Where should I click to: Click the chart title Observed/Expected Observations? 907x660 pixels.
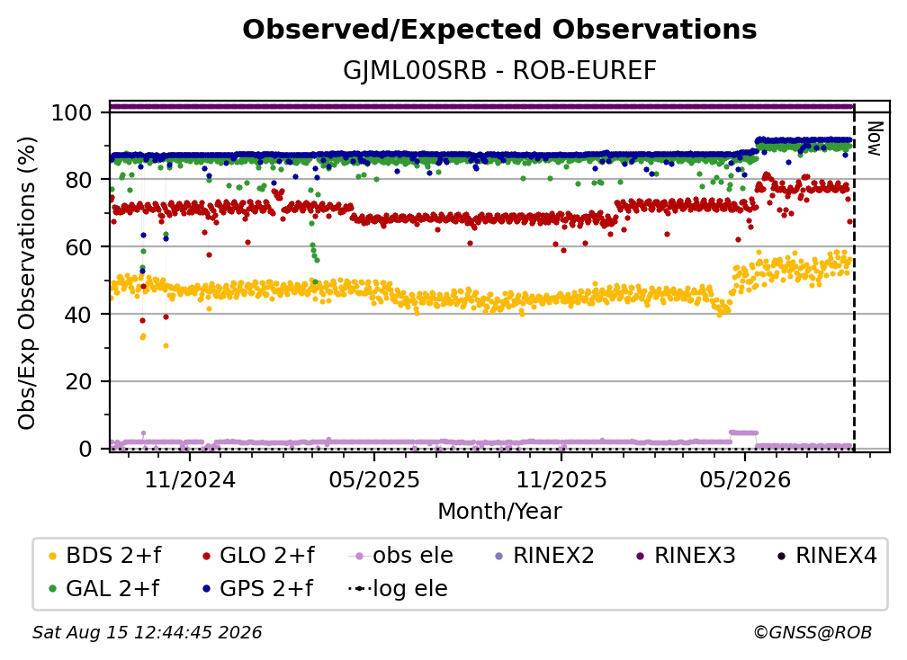tap(499, 30)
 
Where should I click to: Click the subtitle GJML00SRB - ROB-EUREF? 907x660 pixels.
tap(499, 71)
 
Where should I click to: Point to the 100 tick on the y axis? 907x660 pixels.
tap(72, 112)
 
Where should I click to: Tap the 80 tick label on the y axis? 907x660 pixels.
tap(78, 180)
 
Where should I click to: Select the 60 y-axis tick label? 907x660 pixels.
tap(78, 247)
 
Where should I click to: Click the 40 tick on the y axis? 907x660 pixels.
tap(78, 315)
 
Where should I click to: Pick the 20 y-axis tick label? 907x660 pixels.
tap(78, 381)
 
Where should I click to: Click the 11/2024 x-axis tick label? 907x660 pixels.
tap(190, 479)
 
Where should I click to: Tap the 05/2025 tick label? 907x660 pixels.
tap(374, 479)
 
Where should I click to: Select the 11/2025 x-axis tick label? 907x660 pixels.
tap(561, 479)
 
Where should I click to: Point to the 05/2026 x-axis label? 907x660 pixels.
tap(745, 479)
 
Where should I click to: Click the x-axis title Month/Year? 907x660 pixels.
tap(499, 512)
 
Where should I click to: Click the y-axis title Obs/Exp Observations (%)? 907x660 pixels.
tap(27, 282)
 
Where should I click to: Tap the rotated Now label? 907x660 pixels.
tap(875, 138)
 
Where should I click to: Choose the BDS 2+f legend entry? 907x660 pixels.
tap(105, 556)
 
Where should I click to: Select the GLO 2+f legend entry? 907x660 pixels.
tap(258, 556)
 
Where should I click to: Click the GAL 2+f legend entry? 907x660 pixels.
tap(104, 589)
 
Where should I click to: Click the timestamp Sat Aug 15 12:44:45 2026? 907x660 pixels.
tap(147, 632)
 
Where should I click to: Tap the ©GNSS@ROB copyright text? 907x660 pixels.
tap(813, 632)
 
